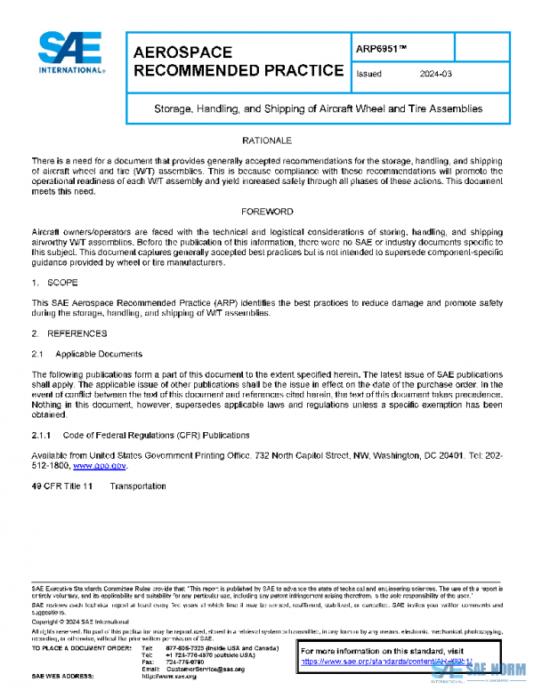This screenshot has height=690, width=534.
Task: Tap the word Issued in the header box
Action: click(x=368, y=74)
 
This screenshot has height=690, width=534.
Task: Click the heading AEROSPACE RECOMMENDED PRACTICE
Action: click(x=238, y=61)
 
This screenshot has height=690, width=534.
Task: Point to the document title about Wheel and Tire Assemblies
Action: click(x=317, y=108)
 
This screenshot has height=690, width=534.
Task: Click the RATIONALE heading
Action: click(x=267, y=141)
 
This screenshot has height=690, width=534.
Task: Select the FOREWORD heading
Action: click(x=267, y=212)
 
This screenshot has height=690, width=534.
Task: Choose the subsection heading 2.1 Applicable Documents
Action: click(x=86, y=354)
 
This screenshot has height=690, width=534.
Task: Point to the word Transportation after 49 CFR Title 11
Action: click(x=138, y=486)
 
